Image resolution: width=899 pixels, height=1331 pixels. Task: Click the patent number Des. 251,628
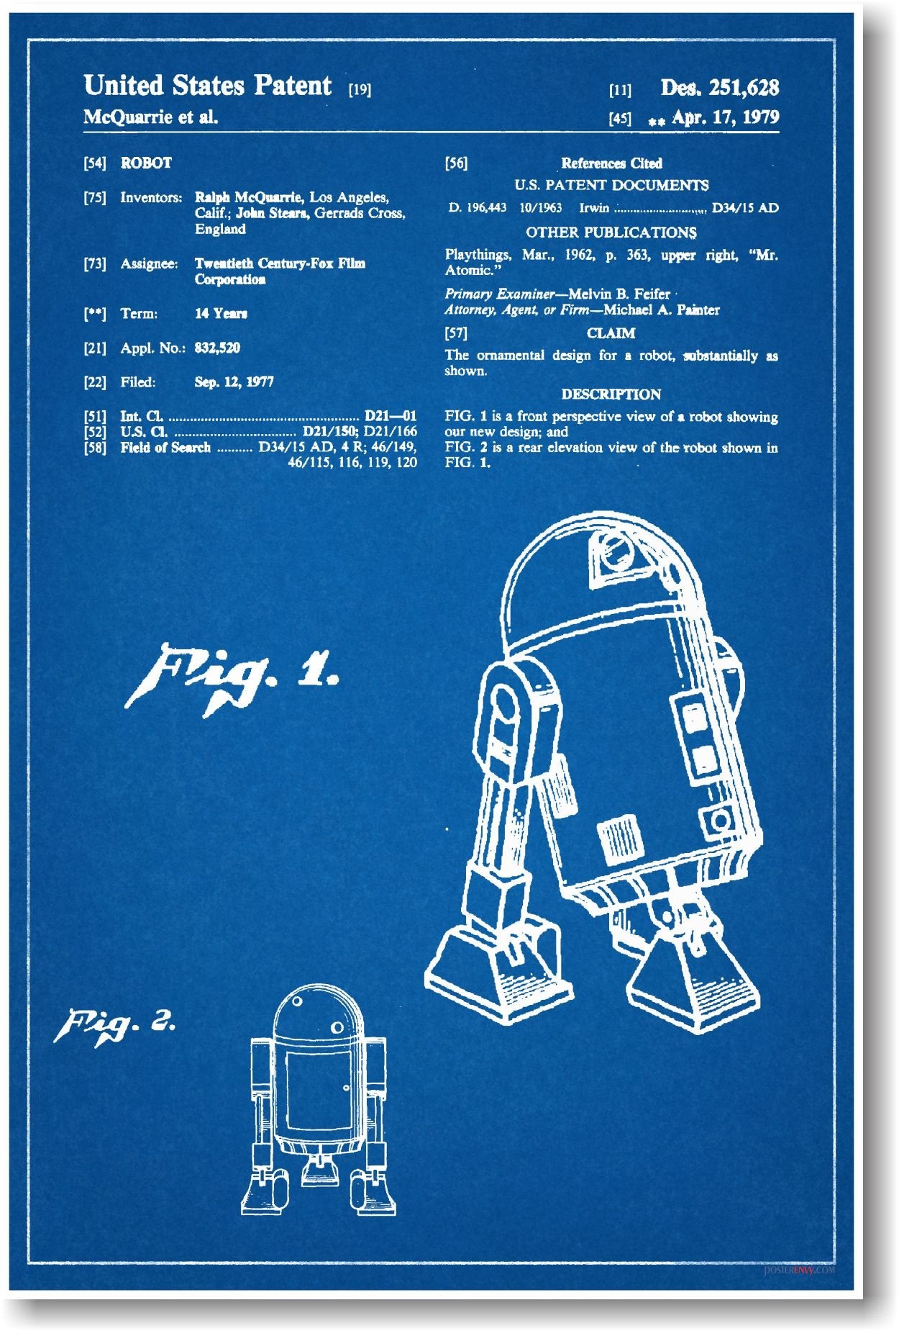click(x=719, y=88)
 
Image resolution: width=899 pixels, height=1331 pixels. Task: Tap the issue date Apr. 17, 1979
click(x=724, y=117)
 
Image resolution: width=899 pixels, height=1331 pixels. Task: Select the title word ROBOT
click(x=146, y=163)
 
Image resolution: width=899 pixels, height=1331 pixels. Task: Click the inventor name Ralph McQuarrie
click(x=248, y=197)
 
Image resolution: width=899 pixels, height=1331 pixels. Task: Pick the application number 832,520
click(x=217, y=348)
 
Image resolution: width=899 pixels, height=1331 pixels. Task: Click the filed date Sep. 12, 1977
click(x=234, y=382)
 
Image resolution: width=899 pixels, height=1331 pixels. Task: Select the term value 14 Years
click(x=221, y=314)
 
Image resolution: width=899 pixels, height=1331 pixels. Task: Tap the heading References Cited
click(x=611, y=163)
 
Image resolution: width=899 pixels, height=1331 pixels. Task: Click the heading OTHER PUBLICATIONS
click(x=611, y=233)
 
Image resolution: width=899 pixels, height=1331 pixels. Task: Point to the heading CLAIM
click(x=611, y=333)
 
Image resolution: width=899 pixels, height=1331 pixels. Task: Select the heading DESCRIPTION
click(x=611, y=394)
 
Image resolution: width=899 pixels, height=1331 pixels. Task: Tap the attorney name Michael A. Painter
click(x=661, y=310)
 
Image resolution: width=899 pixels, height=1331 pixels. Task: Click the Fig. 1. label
click(x=230, y=677)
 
